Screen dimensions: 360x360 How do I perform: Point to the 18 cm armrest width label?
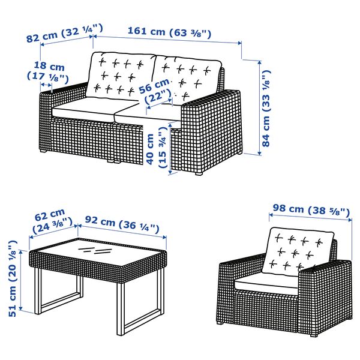click(x=49, y=71)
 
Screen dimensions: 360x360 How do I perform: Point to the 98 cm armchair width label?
click(x=310, y=211)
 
